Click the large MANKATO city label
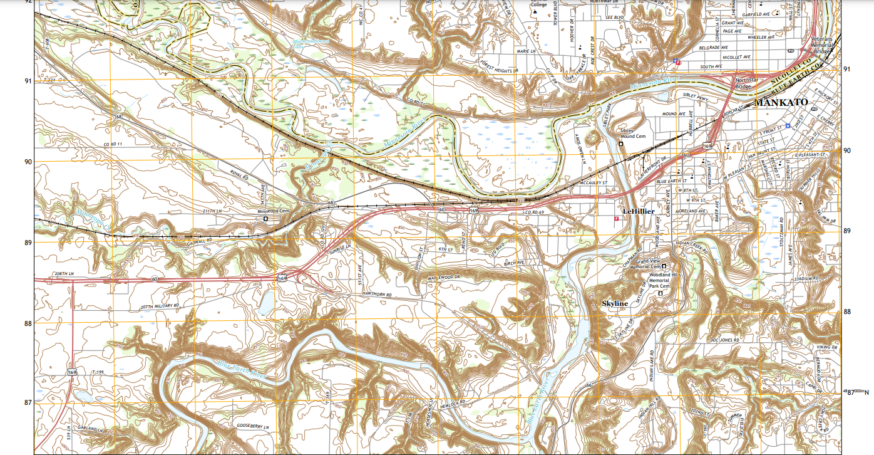click(782, 102)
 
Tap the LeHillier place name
click(638, 211)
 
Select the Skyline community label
click(614, 303)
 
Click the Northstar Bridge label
click(746, 84)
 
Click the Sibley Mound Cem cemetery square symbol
click(620, 144)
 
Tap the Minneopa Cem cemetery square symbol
click(265, 219)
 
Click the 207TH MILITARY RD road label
click(160, 306)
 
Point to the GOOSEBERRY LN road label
click(252, 426)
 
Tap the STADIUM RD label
click(806, 279)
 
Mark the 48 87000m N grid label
click(856, 392)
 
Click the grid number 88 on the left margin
click(28, 323)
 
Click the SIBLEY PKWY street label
click(696, 98)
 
